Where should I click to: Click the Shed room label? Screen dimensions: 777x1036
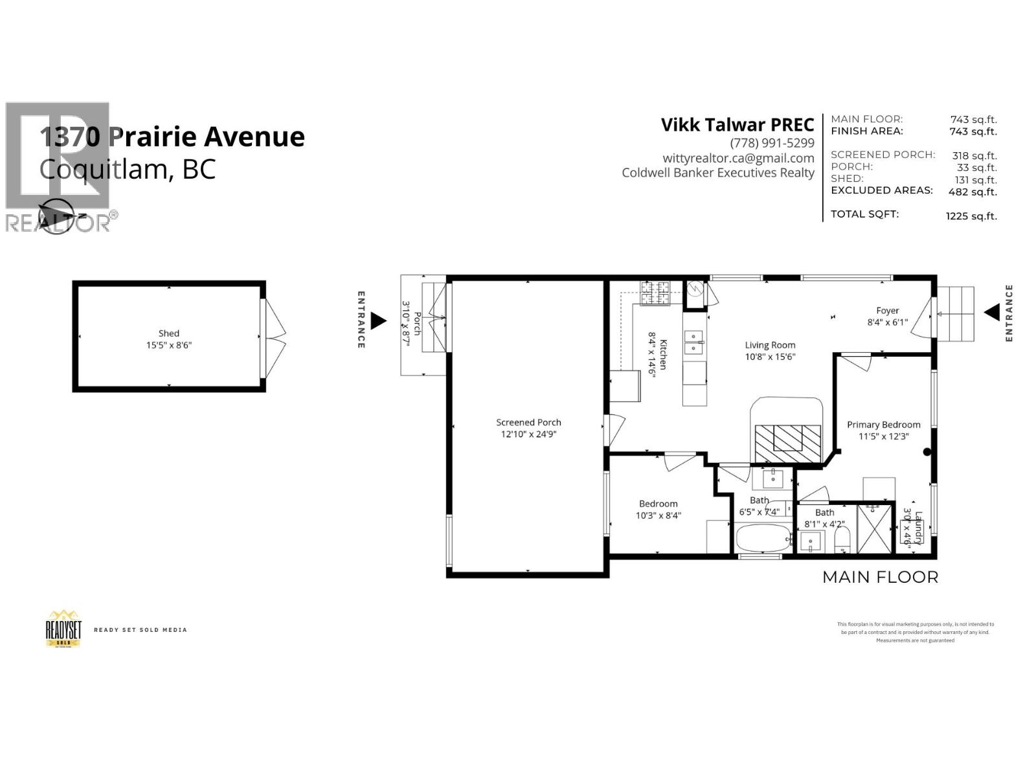point(169,333)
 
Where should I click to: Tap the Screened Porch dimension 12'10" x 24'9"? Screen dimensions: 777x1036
point(528,434)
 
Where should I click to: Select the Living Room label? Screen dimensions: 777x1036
point(770,345)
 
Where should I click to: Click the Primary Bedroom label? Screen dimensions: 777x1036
point(883,425)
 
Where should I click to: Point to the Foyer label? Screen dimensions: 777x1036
point(887,311)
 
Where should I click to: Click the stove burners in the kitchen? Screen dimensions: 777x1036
point(655,293)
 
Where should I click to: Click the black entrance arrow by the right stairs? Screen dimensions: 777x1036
point(991,313)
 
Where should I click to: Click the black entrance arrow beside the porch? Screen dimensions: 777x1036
point(378,320)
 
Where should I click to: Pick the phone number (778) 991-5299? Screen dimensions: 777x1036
point(772,143)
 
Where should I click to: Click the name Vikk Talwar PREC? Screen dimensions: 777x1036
point(737,125)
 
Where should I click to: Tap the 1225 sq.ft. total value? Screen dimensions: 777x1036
point(971,216)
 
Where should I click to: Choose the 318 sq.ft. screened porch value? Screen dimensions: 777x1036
point(974,156)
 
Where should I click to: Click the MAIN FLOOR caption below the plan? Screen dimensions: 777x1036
point(880,577)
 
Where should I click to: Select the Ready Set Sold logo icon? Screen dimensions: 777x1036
point(63,628)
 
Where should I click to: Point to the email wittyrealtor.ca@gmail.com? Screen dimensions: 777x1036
point(738,158)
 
